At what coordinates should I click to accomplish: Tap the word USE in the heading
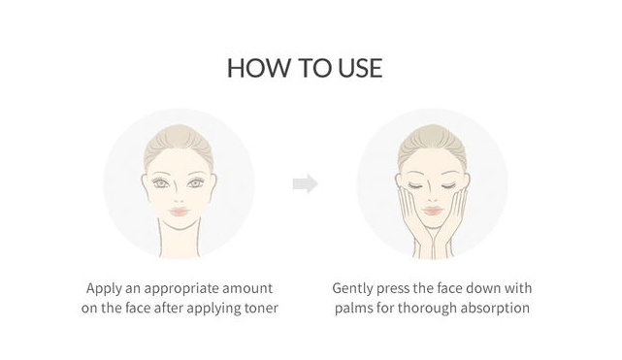(x=360, y=68)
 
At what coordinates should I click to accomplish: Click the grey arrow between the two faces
(x=306, y=184)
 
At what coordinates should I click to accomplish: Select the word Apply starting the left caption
(x=104, y=289)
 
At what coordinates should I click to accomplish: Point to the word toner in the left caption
(x=261, y=308)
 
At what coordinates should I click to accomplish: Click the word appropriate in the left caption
(x=181, y=289)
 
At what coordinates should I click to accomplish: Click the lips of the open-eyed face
(x=179, y=211)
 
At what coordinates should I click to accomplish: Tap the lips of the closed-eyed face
(x=433, y=211)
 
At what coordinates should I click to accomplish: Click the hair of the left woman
(x=179, y=143)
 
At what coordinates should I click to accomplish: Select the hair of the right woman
(x=433, y=143)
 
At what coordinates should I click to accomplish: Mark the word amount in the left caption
(x=247, y=288)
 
